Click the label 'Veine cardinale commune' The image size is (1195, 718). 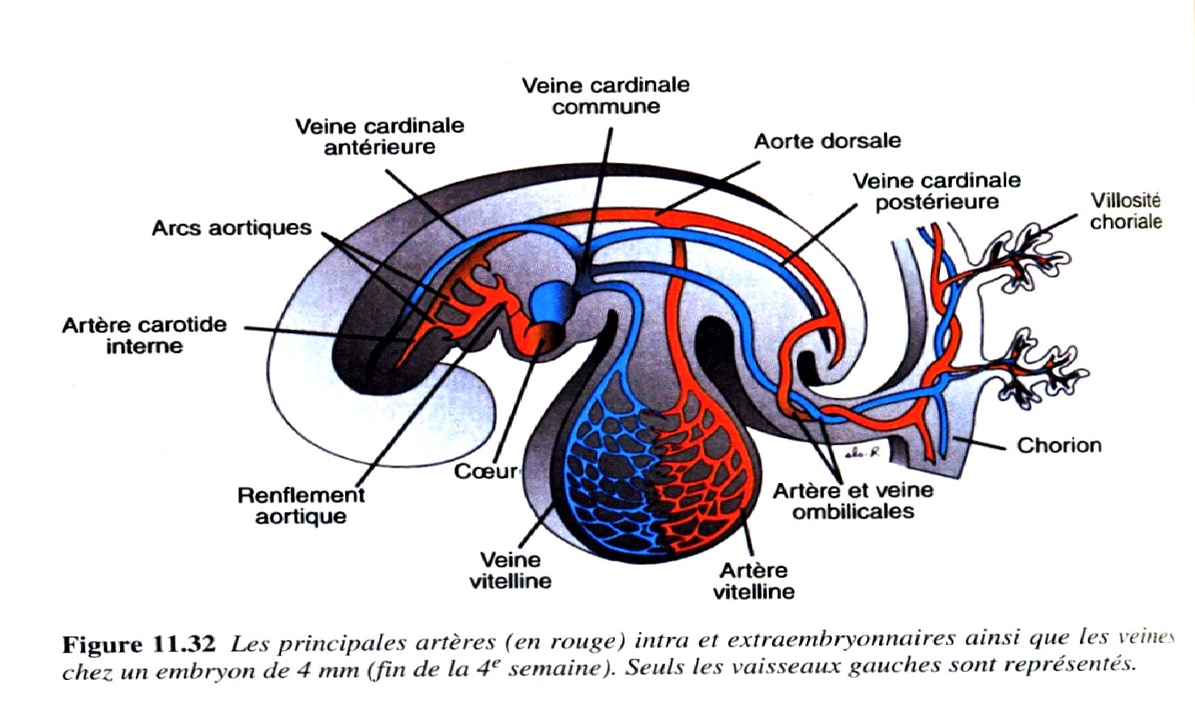point(605,96)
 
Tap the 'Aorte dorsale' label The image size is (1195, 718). point(827,141)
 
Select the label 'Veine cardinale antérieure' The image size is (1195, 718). point(379,136)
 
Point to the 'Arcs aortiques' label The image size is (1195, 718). point(232,228)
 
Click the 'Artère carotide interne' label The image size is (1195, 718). point(144,335)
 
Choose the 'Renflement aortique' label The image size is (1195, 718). point(301,506)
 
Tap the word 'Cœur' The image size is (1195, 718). point(485,471)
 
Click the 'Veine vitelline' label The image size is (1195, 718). point(510,570)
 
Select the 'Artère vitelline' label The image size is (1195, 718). point(753,580)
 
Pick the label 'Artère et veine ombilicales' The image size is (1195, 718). point(853,501)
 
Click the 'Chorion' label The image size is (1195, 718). point(1059,445)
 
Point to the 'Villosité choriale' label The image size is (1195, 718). point(1125,211)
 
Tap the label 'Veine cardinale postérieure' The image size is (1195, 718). point(937,191)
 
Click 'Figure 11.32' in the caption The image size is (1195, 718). point(139,644)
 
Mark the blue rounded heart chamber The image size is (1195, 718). point(547,301)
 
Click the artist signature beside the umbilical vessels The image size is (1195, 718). point(860,455)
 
